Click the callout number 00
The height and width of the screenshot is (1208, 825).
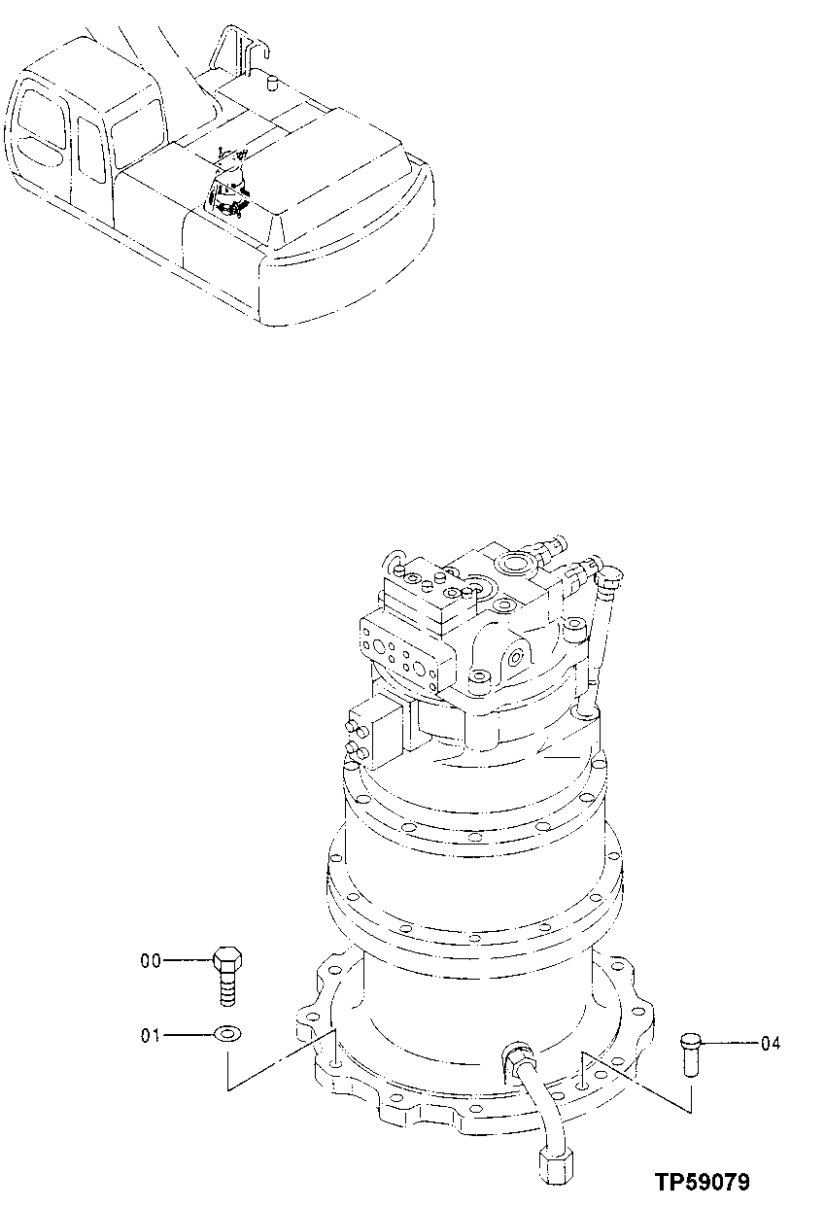coord(151,961)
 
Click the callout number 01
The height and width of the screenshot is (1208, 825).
coord(151,1035)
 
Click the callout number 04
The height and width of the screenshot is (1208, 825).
coord(771,1045)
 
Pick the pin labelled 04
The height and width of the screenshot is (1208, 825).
coord(689,1053)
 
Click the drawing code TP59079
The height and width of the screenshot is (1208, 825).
coord(701,1183)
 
